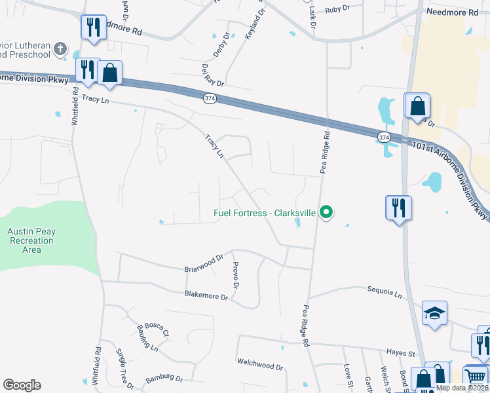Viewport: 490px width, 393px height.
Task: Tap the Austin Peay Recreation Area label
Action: [x=30, y=240]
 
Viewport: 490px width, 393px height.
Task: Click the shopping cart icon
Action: [x=475, y=376]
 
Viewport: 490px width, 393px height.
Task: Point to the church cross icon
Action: [x=60, y=48]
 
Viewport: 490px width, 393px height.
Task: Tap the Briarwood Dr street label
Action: [x=205, y=263]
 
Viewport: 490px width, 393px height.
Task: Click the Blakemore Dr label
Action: [x=206, y=296]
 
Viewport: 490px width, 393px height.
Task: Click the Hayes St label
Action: [x=401, y=352]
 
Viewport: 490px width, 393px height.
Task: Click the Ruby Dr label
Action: [x=338, y=9]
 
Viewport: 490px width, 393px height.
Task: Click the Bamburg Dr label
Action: [x=164, y=378]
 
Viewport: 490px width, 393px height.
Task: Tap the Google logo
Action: [x=22, y=384]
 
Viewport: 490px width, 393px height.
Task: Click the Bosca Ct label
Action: [x=157, y=329]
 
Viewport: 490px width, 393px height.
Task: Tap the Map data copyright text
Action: [x=462, y=388]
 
